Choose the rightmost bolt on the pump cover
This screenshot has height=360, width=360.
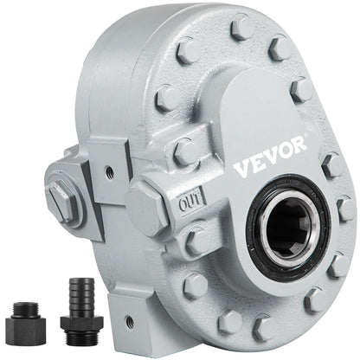345,209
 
